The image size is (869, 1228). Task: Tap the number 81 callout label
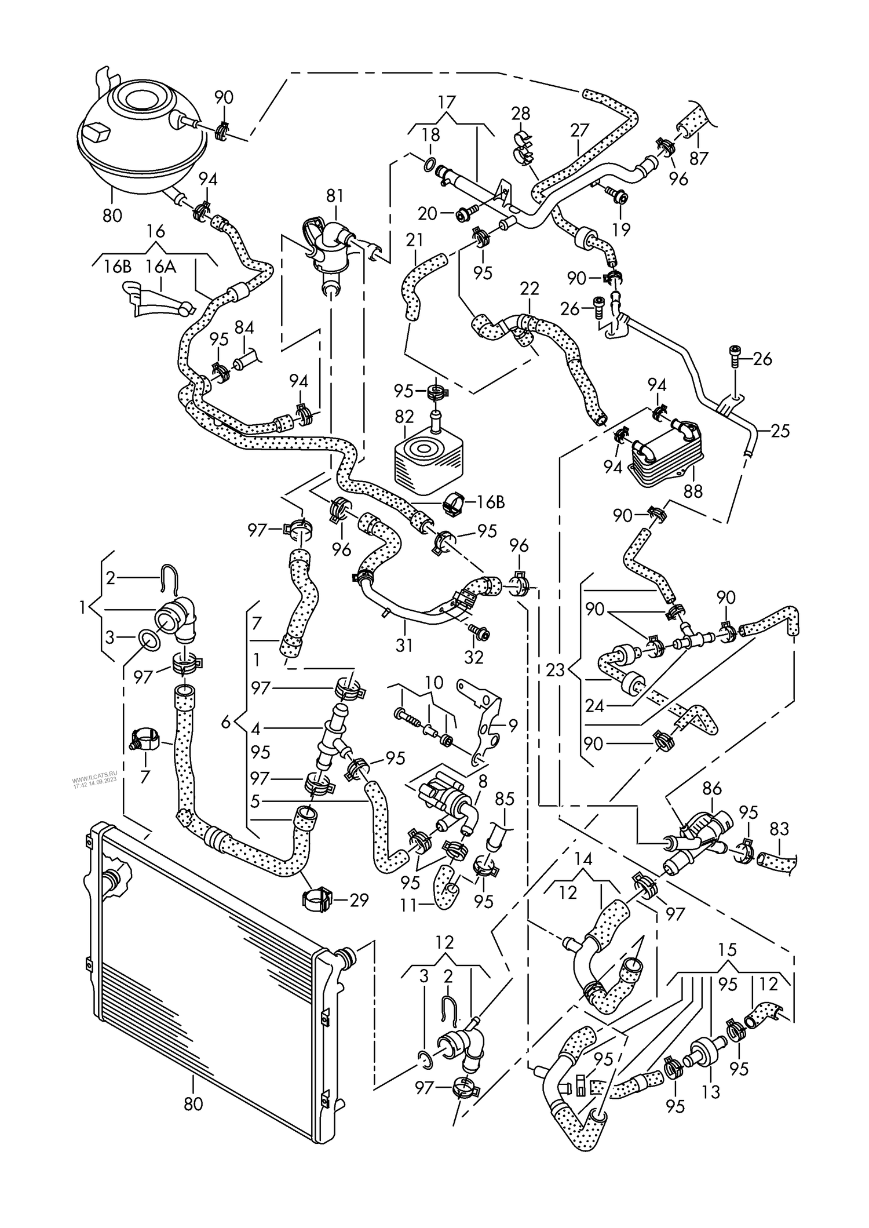coord(334,195)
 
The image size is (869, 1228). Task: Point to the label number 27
coord(579,130)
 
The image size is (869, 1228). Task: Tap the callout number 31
coord(404,644)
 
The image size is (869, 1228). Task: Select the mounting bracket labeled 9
coord(484,724)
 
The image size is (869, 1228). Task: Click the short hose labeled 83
coord(776,863)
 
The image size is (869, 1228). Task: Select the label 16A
coord(160,267)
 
